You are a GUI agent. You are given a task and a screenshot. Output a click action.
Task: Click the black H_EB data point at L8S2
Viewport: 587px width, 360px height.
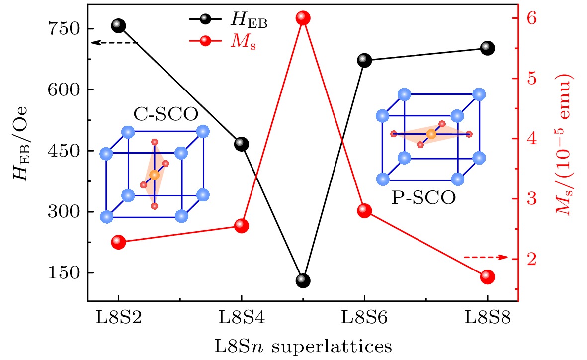[118, 25]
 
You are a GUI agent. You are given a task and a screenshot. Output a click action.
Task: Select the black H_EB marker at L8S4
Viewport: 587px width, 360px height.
[241, 144]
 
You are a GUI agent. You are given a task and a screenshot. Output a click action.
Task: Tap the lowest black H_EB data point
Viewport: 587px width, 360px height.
[303, 280]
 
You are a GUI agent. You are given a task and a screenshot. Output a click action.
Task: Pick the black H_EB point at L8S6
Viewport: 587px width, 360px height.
[364, 61]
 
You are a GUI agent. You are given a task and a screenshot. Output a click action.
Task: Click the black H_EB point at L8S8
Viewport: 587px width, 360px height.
[487, 48]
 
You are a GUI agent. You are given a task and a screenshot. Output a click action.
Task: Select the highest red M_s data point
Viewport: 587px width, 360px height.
[303, 18]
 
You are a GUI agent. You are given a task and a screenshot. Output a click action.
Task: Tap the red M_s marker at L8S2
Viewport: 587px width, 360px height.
[118, 242]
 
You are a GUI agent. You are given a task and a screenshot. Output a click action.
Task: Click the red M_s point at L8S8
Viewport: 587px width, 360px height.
[487, 277]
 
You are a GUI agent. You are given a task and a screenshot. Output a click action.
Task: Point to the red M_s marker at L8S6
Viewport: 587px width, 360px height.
[364, 211]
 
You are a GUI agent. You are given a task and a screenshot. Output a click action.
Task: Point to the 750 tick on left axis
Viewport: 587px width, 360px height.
[66, 29]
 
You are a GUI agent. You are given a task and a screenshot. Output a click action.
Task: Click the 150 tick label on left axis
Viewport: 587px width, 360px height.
[66, 273]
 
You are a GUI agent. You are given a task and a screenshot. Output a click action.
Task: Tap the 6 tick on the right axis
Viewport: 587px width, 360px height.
[532, 18]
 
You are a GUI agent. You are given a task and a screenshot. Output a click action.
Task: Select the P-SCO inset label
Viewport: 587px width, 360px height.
[423, 197]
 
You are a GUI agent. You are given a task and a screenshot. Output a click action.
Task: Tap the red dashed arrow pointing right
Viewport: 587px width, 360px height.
[485, 257]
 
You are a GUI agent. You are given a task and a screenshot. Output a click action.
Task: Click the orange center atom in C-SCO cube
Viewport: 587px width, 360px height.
[154, 175]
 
